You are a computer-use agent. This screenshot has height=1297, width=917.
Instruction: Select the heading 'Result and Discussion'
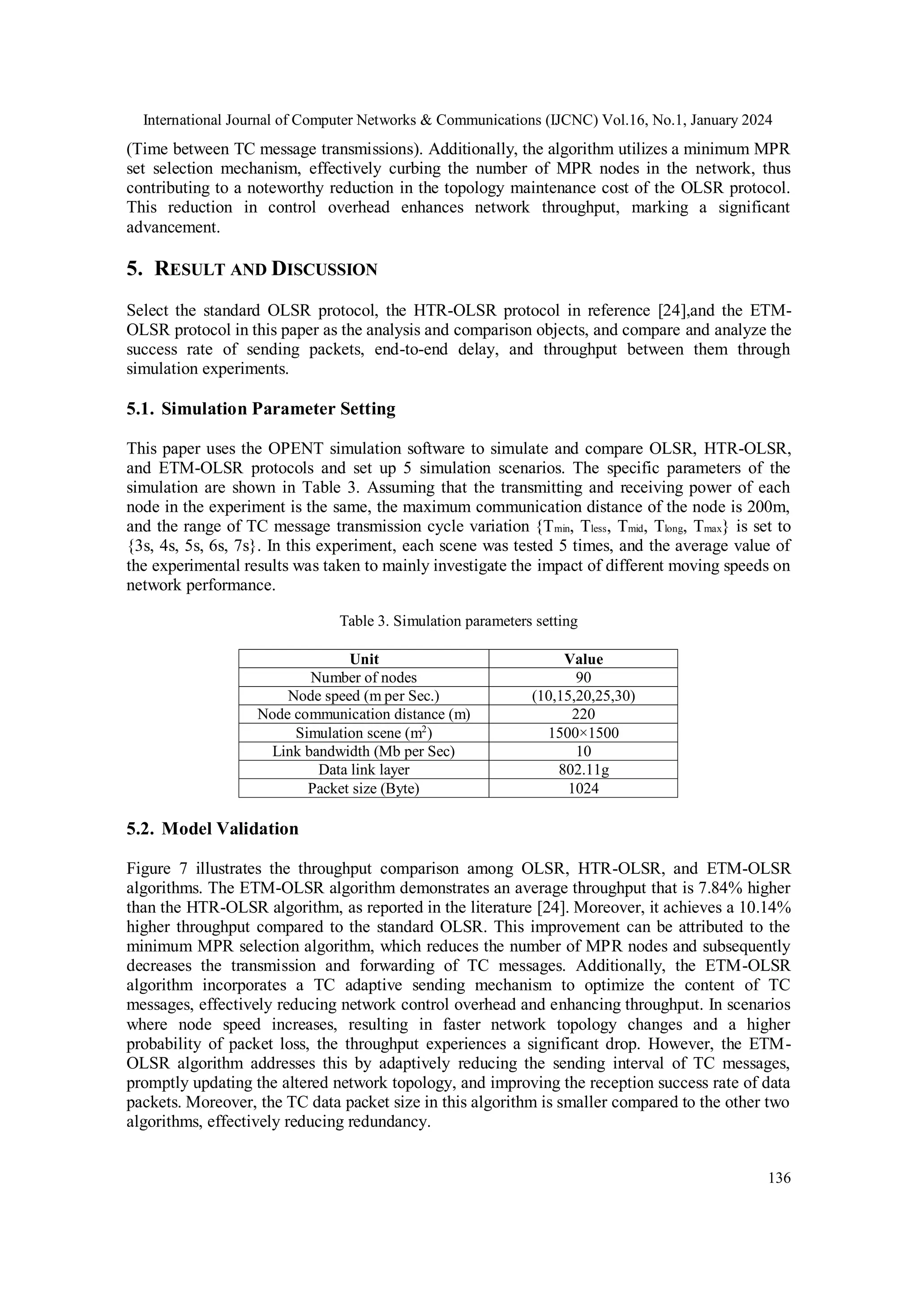pyautogui.click(x=252, y=269)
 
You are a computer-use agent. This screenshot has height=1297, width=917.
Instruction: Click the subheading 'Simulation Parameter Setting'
pyautogui.click(x=261, y=408)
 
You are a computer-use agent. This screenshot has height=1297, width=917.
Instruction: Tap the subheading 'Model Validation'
pyautogui.click(x=212, y=829)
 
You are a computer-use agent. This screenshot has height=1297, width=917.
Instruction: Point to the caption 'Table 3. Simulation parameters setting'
pyautogui.click(x=458, y=621)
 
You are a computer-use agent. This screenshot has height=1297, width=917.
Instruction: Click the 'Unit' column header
pyautogui.click(x=364, y=659)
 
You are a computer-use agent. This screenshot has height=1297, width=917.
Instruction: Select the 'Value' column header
pyautogui.click(x=583, y=659)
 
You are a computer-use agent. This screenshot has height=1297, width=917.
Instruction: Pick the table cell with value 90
pyautogui.click(x=583, y=677)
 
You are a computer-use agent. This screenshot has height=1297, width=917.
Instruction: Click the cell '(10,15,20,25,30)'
pyautogui.click(x=583, y=696)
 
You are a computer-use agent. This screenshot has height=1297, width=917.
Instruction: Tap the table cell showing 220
pyautogui.click(x=583, y=714)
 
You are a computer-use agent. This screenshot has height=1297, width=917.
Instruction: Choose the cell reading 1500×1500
pyautogui.click(x=583, y=733)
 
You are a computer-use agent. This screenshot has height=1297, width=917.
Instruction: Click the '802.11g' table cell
pyautogui.click(x=583, y=770)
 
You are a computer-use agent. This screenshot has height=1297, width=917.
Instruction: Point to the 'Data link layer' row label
pyautogui.click(x=364, y=770)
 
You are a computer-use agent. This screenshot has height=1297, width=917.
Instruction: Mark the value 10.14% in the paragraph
pyautogui.click(x=765, y=907)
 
